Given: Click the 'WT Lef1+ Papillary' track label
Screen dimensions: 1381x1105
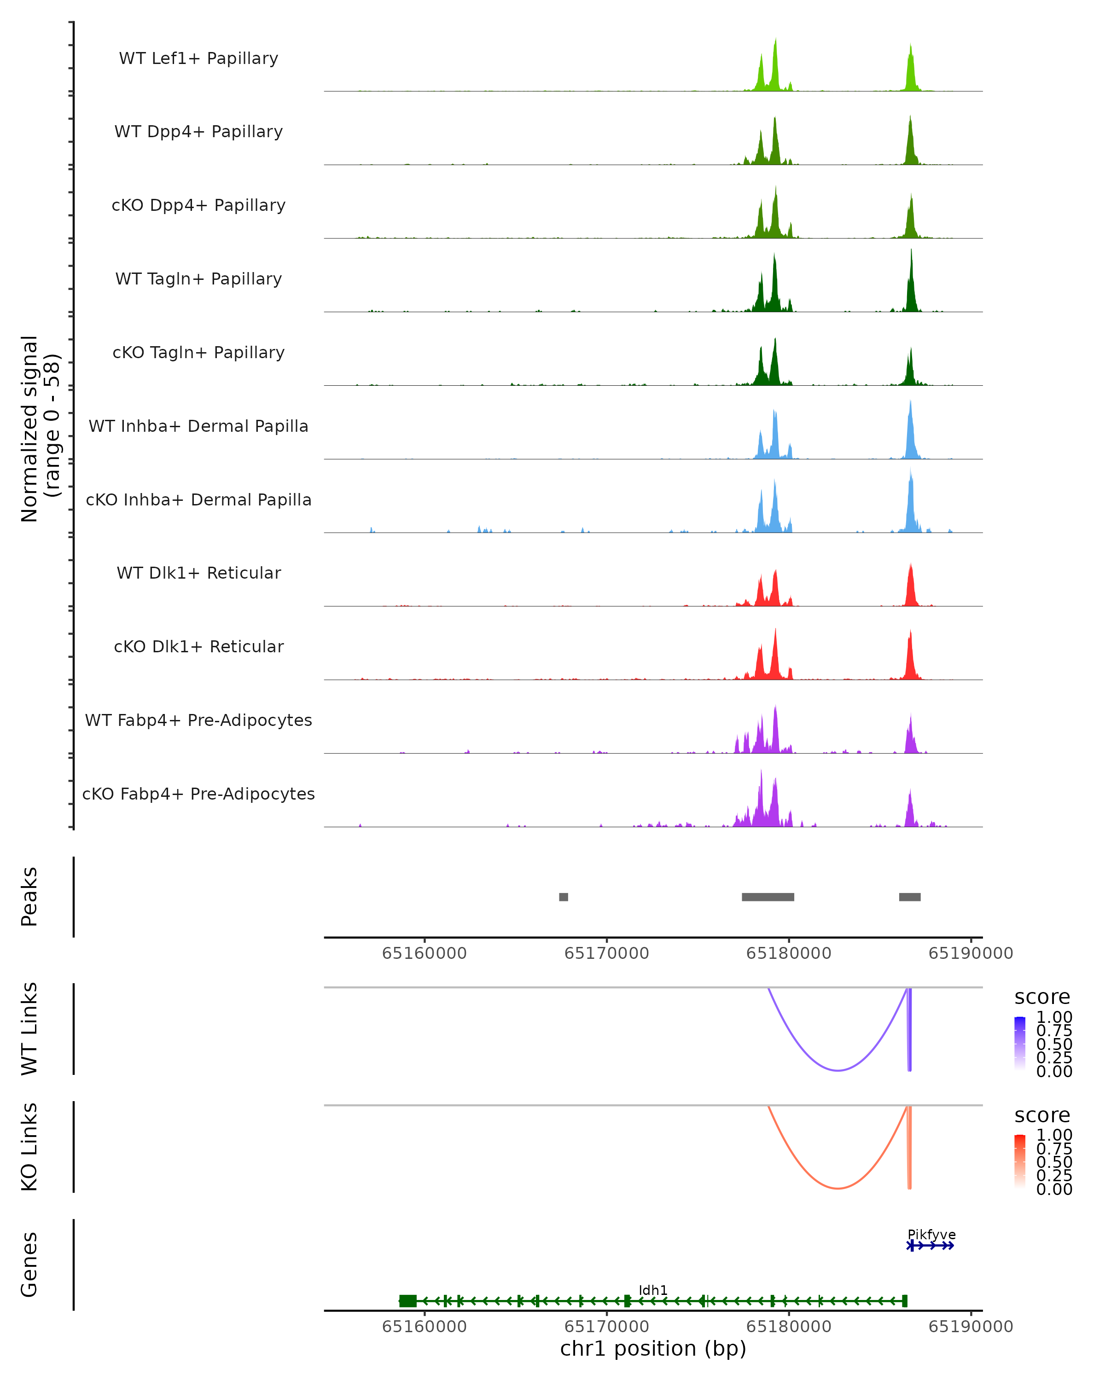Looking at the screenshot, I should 198,58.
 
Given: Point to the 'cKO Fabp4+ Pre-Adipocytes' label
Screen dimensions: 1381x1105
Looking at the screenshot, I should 198,794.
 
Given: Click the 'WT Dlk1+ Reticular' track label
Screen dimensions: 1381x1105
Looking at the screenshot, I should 198,573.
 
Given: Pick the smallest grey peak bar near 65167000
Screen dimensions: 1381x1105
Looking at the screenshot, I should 563,897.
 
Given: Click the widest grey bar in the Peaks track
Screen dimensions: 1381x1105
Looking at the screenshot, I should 768,897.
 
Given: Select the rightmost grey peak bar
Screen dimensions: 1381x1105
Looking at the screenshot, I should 910,897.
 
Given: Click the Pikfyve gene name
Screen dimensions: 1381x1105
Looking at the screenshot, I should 931,1234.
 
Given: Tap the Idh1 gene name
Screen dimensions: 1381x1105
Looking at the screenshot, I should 653,1290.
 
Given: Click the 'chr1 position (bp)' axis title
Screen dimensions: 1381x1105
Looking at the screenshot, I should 653,1349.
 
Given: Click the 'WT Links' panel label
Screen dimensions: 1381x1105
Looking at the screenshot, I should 29,1029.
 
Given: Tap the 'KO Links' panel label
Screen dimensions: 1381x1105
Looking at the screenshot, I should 29,1147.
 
